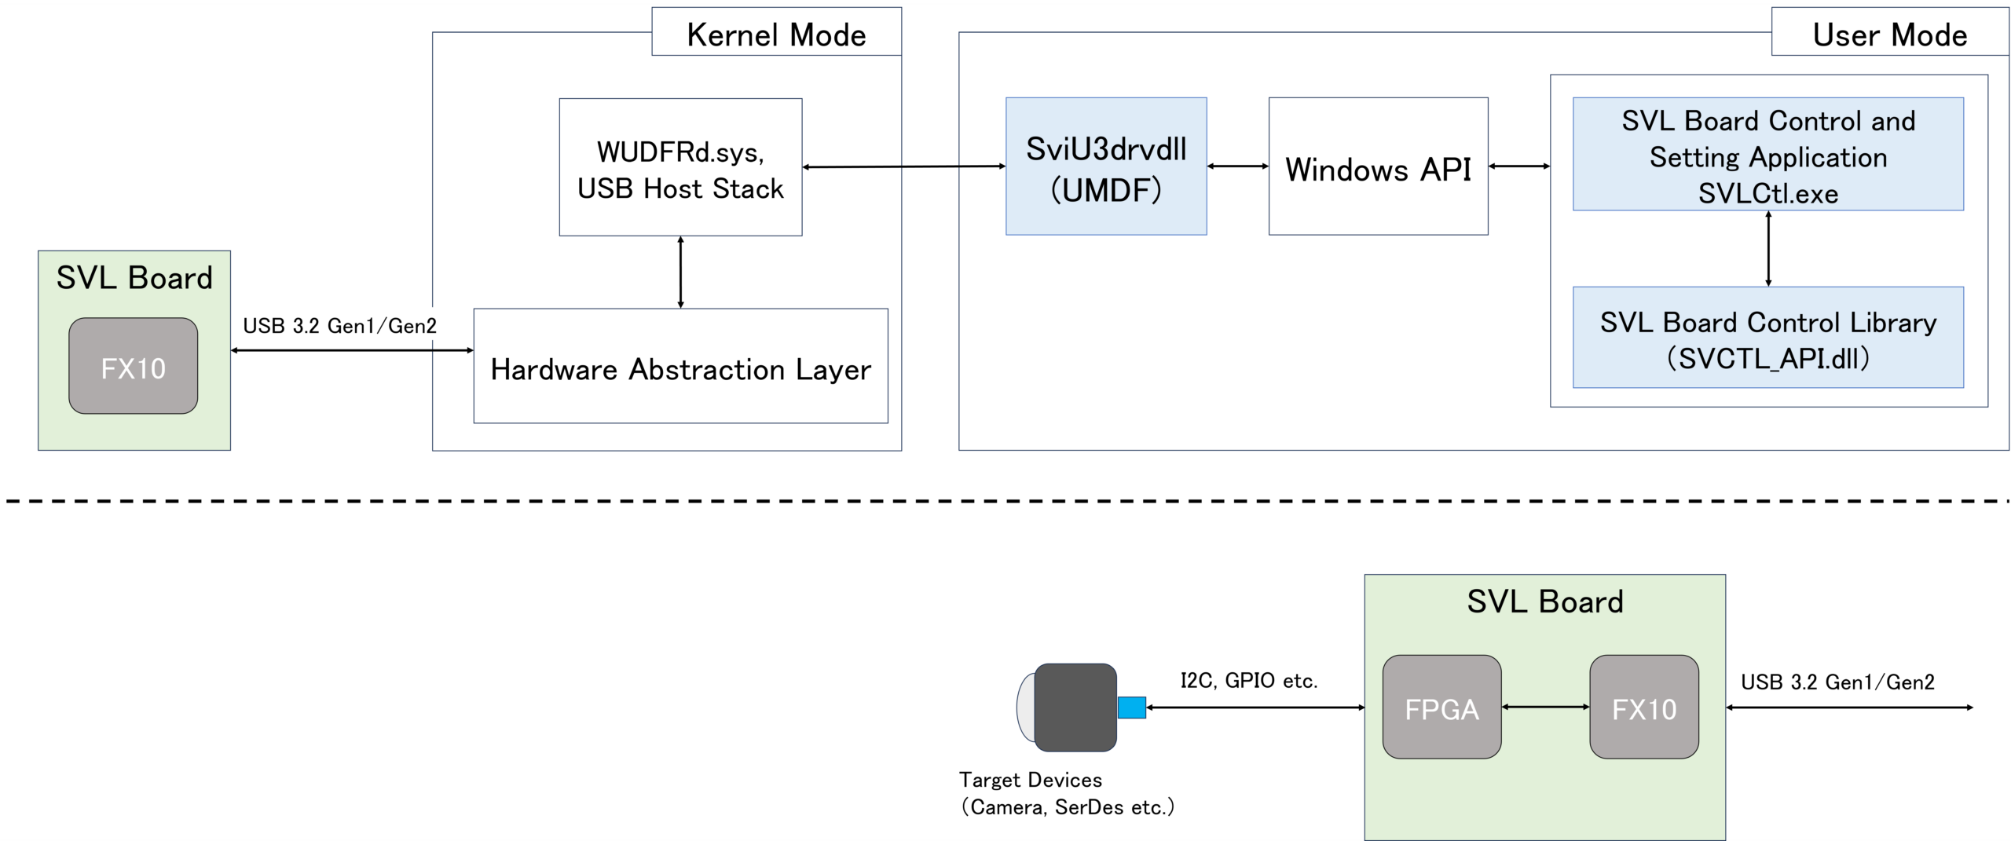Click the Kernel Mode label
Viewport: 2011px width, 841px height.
click(x=776, y=35)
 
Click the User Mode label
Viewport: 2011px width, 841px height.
click(x=1890, y=35)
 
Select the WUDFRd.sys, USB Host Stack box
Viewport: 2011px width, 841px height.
click(x=680, y=166)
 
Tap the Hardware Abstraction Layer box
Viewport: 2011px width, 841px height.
click(x=680, y=366)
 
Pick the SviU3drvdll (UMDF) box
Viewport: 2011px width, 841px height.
click(x=1106, y=166)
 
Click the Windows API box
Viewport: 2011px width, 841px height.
click(x=1378, y=166)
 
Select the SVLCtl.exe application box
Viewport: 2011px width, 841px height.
click(x=1767, y=154)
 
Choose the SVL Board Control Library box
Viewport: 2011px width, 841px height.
click(x=1767, y=338)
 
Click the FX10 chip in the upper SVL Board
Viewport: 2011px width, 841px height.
click(x=133, y=366)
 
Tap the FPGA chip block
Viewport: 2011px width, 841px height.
click(x=1441, y=707)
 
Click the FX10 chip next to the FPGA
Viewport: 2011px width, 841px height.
click(x=1644, y=707)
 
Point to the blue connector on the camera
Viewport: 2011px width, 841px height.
click(x=1131, y=708)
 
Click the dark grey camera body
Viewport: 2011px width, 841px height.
click(x=1075, y=708)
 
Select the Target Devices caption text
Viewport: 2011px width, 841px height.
click(x=1067, y=793)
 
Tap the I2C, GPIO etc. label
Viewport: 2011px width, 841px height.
click(x=1249, y=680)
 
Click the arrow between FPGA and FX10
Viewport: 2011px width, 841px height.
click(x=1545, y=707)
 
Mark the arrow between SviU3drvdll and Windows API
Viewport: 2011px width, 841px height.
click(x=1238, y=166)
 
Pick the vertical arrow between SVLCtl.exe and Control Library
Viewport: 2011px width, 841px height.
click(x=1768, y=249)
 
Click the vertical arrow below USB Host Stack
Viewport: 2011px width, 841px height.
click(x=680, y=272)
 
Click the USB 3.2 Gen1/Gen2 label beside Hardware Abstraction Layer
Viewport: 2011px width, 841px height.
click(x=339, y=326)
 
